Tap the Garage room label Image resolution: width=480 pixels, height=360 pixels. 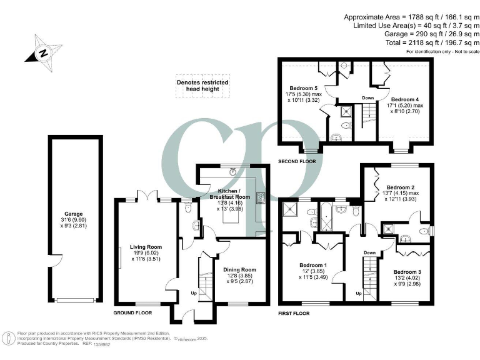pos(73,214)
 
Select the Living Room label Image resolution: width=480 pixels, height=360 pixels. pos(145,246)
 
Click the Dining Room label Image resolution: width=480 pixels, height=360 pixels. pos(239,269)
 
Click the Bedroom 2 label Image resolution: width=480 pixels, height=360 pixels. pos(401,187)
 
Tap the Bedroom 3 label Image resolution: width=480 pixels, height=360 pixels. pos(407,271)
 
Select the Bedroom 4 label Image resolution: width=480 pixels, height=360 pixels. pos(405,99)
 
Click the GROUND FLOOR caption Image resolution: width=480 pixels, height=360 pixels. pos(133,312)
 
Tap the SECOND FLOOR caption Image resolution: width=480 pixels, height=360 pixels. pos(297,161)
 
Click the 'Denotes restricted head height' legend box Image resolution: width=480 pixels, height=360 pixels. pos(202,86)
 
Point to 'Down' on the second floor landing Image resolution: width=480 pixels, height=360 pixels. pos(367,97)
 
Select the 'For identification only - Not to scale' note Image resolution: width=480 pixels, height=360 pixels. pos(428,51)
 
